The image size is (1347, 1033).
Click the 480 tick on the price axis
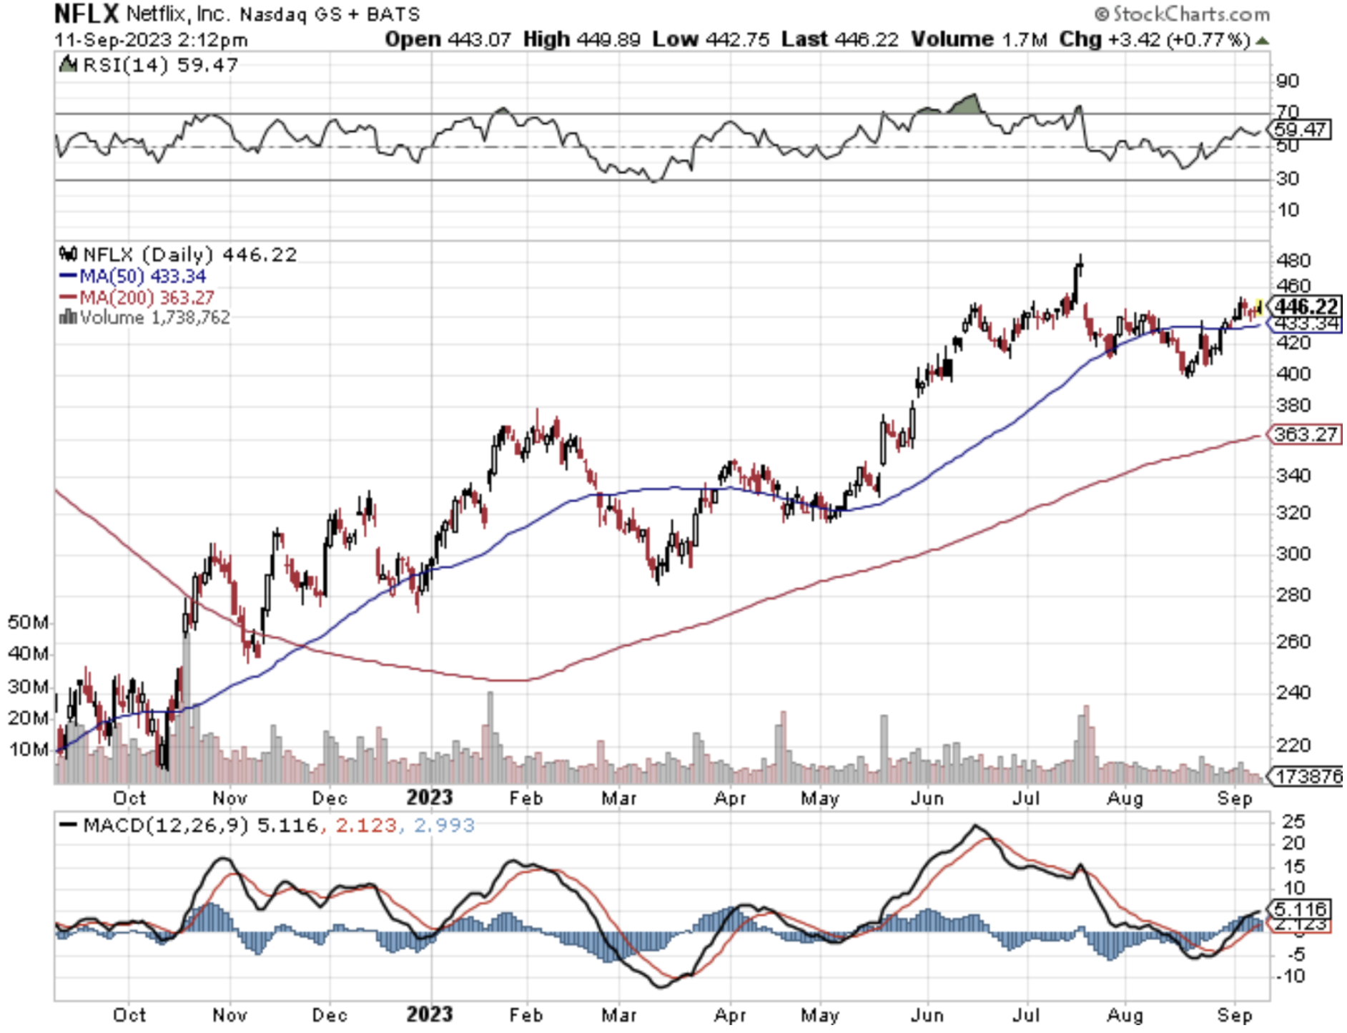coord(1293,260)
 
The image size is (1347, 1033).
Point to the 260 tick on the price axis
coord(1293,641)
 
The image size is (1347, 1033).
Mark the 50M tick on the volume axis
coord(28,622)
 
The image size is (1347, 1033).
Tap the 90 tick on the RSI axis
coord(1287,81)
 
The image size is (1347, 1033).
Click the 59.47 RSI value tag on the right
coord(1300,129)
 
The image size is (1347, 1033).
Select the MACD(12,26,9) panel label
coord(165,826)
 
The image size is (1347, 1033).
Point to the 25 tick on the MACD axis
coord(1293,821)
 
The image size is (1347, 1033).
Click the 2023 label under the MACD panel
coord(429,1014)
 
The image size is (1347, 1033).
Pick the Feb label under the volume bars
coord(526,798)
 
